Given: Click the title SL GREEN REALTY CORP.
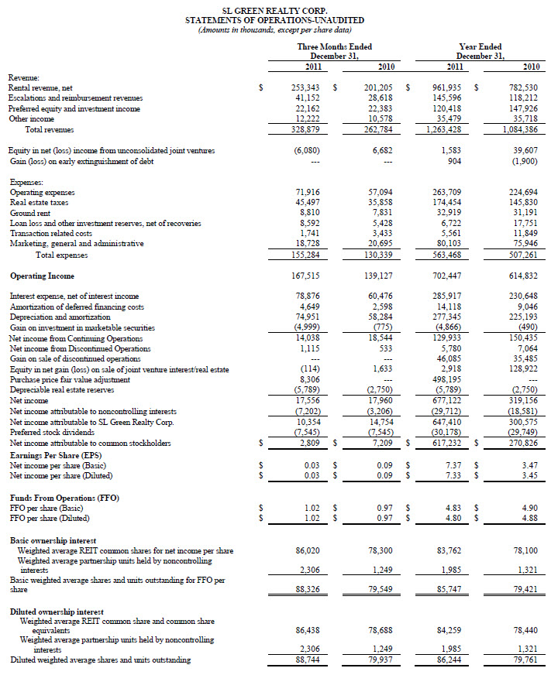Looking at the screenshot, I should click(275, 10).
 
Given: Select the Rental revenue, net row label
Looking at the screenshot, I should click(42, 88).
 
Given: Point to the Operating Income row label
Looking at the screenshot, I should click(43, 276).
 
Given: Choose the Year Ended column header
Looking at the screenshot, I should click(480, 46).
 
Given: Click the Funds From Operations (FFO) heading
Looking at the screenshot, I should click(64, 497).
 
